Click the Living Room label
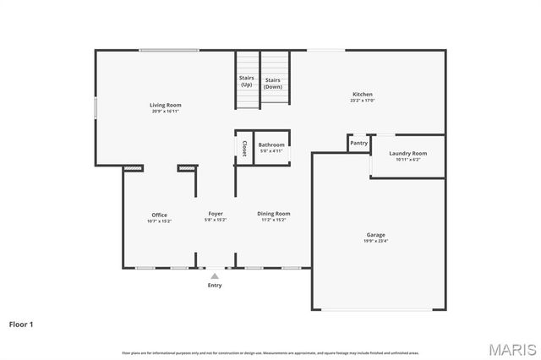tap(167, 105)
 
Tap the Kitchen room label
tap(362, 94)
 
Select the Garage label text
tap(375, 235)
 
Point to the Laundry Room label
tap(407, 153)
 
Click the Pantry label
tap(359, 144)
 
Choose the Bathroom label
tap(271, 145)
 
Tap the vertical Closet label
tap(244, 149)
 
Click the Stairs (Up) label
tap(247, 82)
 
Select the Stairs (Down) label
tap(273, 83)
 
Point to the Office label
tap(160, 215)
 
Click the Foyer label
tap(216, 214)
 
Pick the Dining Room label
tap(274, 214)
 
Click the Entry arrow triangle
tap(215, 275)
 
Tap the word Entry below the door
tap(215, 286)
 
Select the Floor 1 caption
tap(22, 324)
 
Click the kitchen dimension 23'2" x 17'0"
tap(362, 101)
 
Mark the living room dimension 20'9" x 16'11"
tap(167, 112)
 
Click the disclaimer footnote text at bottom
tap(270, 352)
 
